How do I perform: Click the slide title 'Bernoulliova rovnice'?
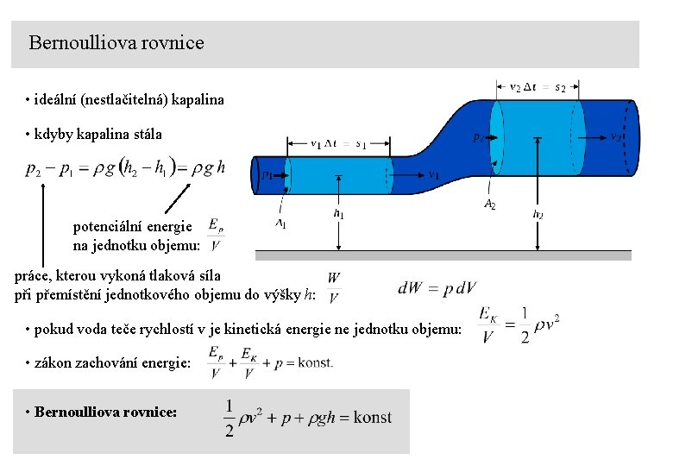pyautogui.click(x=116, y=42)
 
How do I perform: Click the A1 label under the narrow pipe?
pyautogui.click(x=281, y=224)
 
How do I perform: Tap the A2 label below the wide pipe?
pyautogui.click(x=488, y=205)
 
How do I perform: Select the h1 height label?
pyautogui.click(x=339, y=213)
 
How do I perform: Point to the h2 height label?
pyautogui.click(x=538, y=214)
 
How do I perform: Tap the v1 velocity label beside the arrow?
pyautogui.click(x=434, y=174)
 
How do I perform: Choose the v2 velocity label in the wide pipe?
pyautogui.click(x=615, y=136)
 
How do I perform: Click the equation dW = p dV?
pyautogui.click(x=437, y=288)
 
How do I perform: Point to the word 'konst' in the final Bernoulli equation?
pyautogui.click(x=373, y=418)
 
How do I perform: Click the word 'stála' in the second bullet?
pyautogui.click(x=145, y=135)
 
